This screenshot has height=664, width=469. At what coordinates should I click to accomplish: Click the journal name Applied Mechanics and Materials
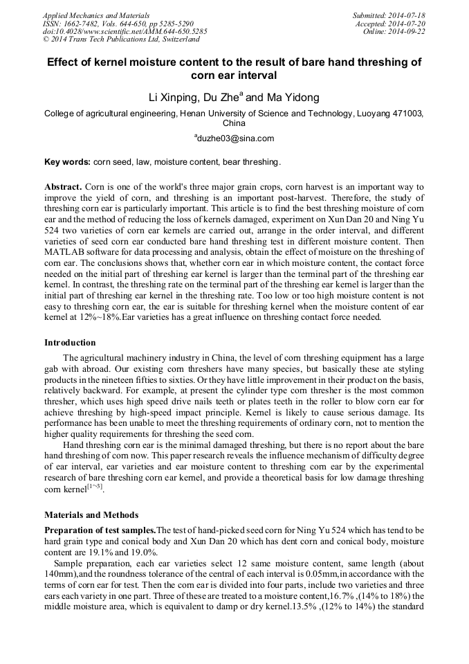coord(96,15)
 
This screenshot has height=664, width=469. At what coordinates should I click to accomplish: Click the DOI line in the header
coord(125,31)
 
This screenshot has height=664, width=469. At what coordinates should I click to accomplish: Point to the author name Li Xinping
coord(174,98)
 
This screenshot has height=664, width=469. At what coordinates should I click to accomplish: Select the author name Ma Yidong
coord(293,98)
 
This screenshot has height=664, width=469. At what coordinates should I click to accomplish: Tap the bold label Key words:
coord(67,162)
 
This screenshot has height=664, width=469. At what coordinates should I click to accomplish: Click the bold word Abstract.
coord(63,187)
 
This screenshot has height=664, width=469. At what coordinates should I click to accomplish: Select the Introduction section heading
coord(70,343)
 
